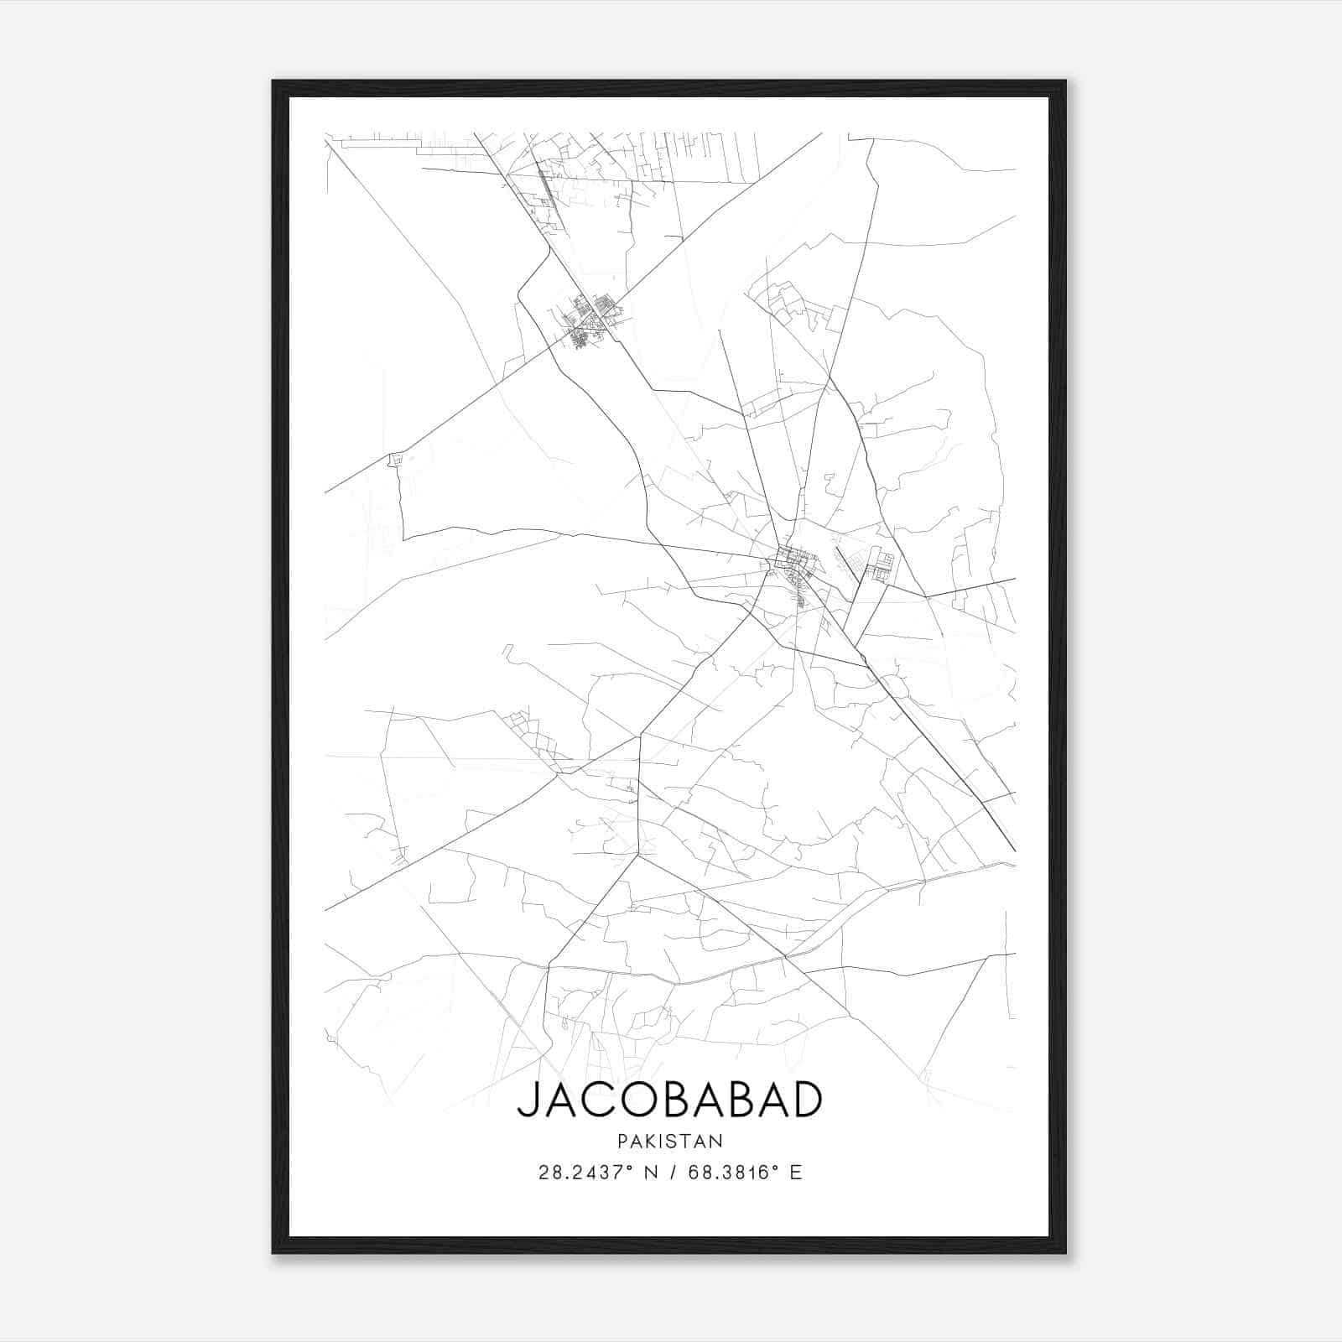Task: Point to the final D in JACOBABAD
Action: [804, 1100]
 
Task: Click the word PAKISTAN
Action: [669, 1141]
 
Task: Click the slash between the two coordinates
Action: [674, 1173]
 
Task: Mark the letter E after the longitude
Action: [796, 1173]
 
